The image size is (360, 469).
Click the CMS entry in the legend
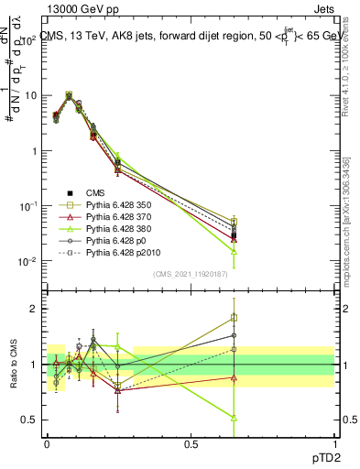pos(97,193)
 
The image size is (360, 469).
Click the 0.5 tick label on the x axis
pos(191,442)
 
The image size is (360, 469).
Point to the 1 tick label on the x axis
pos(334,442)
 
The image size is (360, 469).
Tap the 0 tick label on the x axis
pos(47,442)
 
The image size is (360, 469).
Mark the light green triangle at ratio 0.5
pos(234,418)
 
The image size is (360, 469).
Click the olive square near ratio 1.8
pos(234,318)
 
